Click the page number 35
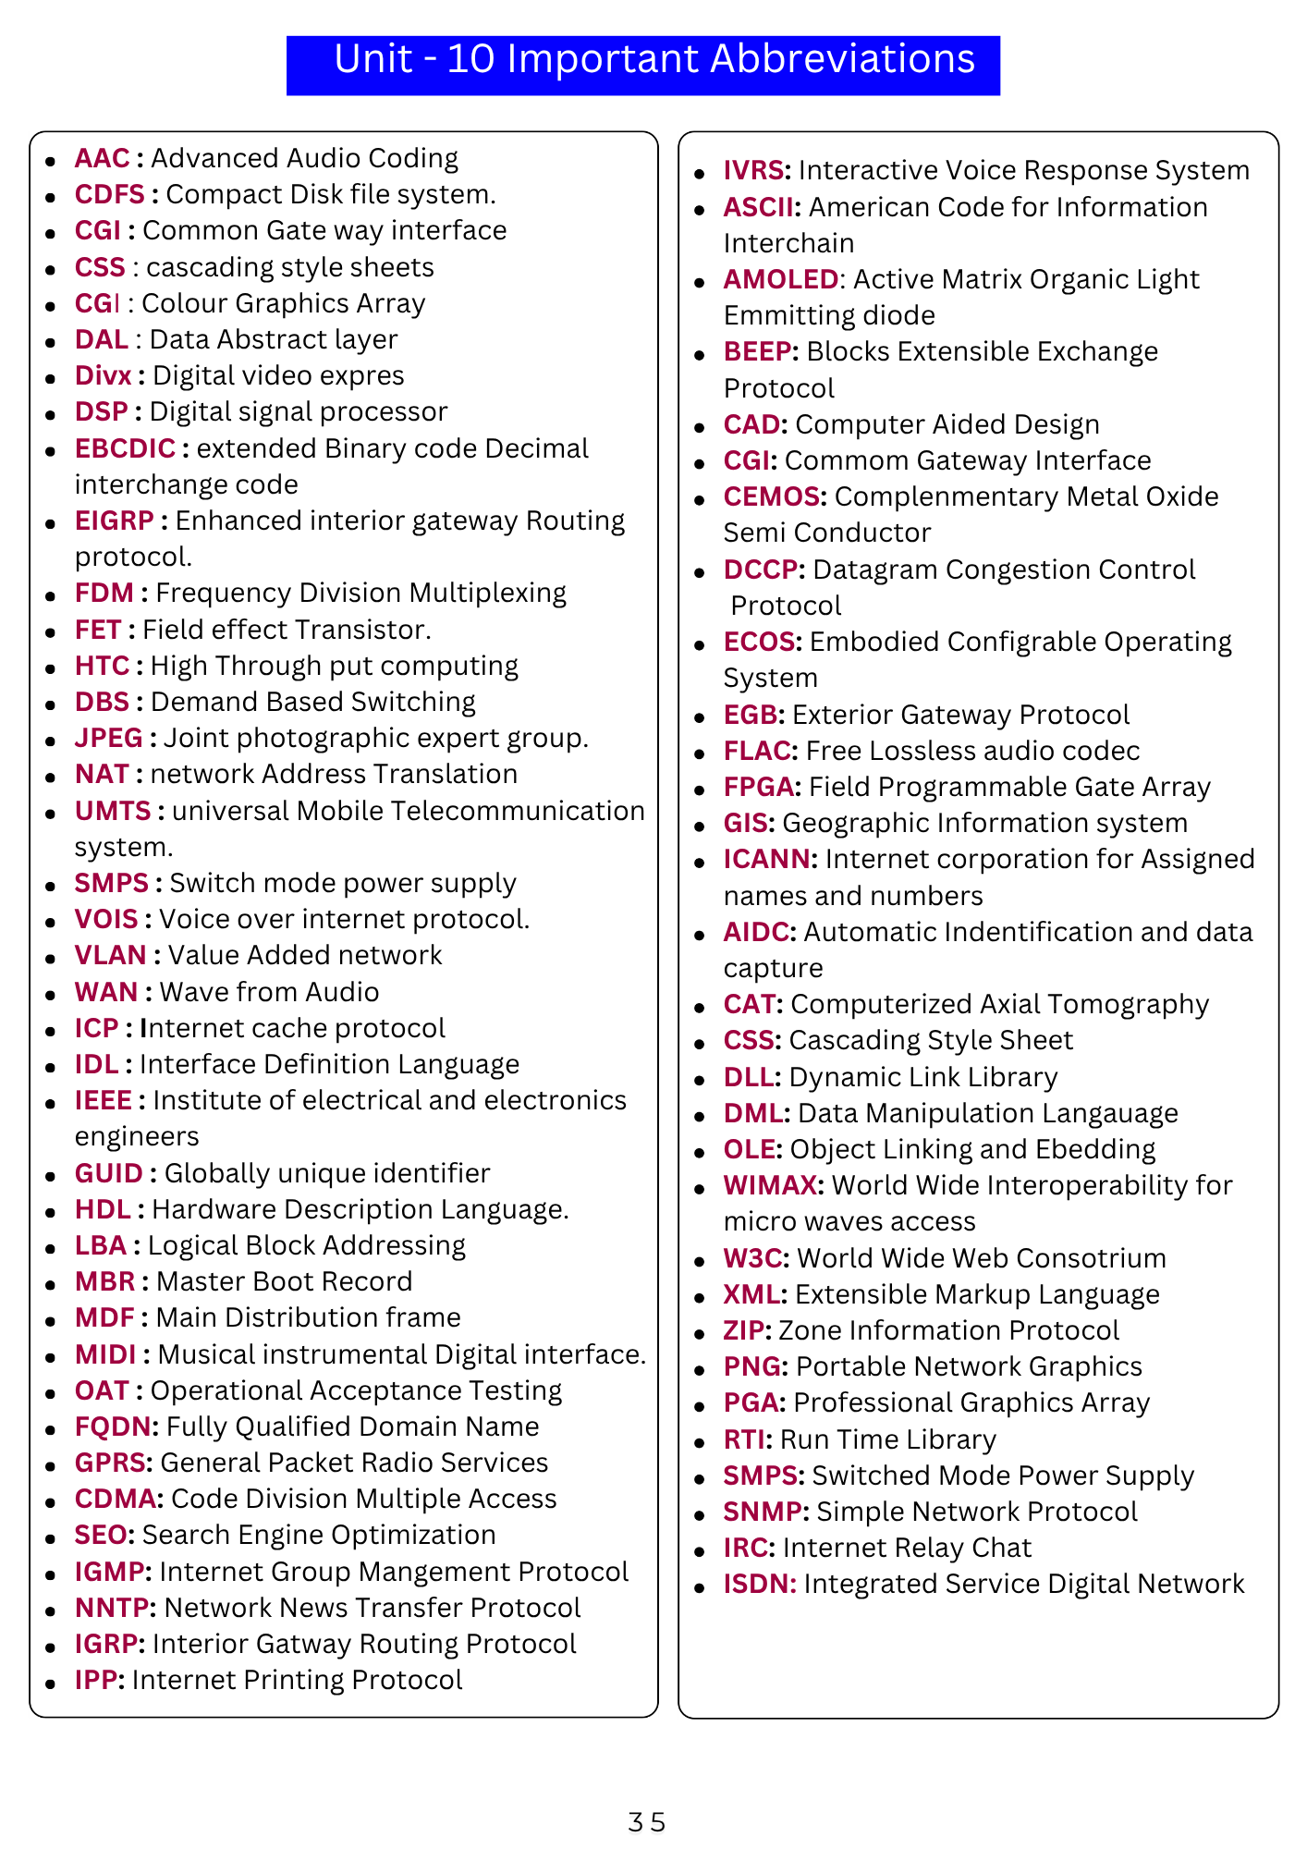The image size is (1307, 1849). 646,1822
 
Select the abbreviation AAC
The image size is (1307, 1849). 103,159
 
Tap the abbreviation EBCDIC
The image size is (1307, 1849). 125,448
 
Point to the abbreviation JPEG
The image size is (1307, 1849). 109,738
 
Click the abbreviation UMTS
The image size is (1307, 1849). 113,811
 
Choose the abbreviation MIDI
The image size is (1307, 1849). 105,1354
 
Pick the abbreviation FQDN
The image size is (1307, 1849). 113,1427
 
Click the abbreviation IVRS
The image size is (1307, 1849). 753,171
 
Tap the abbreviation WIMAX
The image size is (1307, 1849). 772,1185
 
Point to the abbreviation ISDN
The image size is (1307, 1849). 758,1584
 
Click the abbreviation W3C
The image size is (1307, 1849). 752,1258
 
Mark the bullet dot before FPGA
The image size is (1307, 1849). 700,789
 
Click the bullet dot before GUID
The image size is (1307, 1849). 51,1175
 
